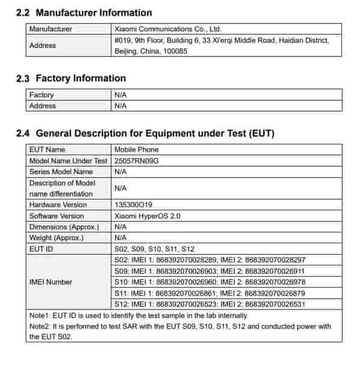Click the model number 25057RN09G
[137, 161]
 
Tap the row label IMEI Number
[51, 282]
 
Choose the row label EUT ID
[41, 249]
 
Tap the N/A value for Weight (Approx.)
[120, 238]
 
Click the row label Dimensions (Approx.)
[64, 227]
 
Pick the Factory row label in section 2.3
[41, 95]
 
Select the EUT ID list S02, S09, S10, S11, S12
[154, 249]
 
